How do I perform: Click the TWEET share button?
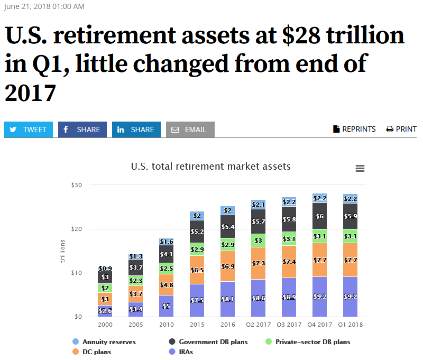click(x=29, y=130)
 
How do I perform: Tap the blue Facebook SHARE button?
click(x=82, y=130)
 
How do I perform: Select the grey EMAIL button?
click(x=190, y=130)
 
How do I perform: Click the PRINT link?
click(x=401, y=129)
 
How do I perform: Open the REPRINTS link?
click(x=354, y=129)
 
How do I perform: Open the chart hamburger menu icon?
click(x=360, y=168)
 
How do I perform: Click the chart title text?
click(x=210, y=167)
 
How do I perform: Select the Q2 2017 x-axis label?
click(x=259, y=325)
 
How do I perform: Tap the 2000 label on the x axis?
click(x=105, y=325)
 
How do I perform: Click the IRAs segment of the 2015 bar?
click(x=197, y=300)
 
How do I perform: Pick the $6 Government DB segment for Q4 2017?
click(x=319, y=216)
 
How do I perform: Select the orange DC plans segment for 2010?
click(x=167, y=284)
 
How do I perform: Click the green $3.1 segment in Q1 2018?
click(x=350, y=236)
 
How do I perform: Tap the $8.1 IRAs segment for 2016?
click(x=228, y=299)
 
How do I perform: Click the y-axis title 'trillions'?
click(x=62, y=251)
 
